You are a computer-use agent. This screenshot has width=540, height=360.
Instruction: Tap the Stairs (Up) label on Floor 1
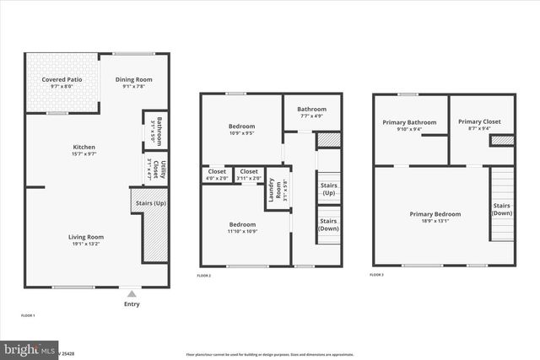[x=150, y=202]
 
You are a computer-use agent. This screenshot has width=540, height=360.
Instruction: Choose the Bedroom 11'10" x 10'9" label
[x=242, y=228]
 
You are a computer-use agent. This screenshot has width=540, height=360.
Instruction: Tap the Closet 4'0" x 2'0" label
[x=216, y=175]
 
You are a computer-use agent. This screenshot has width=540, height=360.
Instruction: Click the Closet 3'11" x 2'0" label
[x=249, y=175]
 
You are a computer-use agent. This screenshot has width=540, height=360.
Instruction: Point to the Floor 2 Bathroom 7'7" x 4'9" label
[x=311, y=111]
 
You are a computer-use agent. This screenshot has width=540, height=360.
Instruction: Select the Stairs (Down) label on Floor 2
[x=328, y=224]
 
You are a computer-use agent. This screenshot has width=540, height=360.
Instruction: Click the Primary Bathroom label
[x=410, y=125]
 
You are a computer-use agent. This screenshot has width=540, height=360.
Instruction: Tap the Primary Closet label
[x=479, y=125]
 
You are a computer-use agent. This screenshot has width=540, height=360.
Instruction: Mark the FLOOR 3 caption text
[x=376, y=275]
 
